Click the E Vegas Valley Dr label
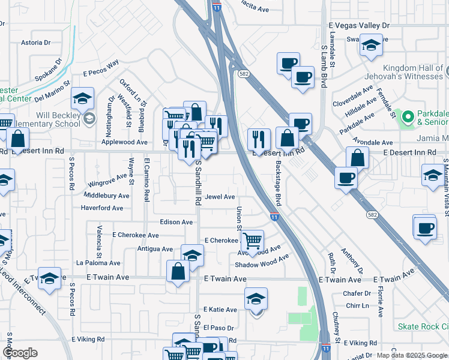(359, 26)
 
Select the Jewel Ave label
(220, 197)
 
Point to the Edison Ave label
(176, 222)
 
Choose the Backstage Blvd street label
(278, 182)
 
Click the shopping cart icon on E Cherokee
(252, 241)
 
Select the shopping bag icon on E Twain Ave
(179, 271)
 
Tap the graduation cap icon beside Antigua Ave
(192, 255)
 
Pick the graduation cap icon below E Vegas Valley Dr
(371, 46)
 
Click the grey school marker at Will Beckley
(89, 118)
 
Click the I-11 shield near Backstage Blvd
(274, 217)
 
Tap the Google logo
(20, 352)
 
